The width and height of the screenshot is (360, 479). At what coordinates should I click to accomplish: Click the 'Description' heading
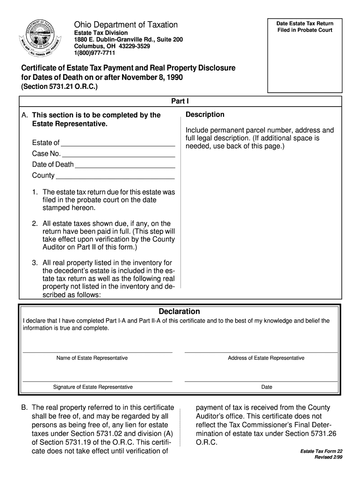click(205, 115)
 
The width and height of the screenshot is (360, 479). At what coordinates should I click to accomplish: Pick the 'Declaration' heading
click(180, 312)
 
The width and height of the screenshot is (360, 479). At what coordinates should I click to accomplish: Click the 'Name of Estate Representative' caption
click(92, 358)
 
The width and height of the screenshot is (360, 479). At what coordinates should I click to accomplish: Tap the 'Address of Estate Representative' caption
click(266, 358)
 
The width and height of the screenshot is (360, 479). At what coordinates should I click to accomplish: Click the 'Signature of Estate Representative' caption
click(93, 387)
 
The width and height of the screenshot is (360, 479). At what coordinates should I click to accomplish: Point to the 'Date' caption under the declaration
click(266, 387)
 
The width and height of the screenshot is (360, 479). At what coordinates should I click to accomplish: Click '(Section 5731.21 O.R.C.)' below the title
click(58, 87)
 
